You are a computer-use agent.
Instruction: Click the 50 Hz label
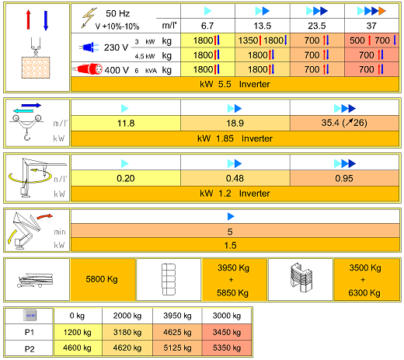click(117, 13)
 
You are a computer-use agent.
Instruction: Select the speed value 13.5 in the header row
click(263, 26)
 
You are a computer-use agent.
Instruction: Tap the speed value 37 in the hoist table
click(371, 26)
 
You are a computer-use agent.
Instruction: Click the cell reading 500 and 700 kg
click(371, 40)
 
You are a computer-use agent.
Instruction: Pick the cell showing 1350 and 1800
click(263, 40)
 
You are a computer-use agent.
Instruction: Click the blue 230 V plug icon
click(89, 47)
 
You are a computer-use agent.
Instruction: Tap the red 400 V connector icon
click(88, 69)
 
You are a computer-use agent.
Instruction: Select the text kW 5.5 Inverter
click(235, 84)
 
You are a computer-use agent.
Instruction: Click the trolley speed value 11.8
click(126, 123)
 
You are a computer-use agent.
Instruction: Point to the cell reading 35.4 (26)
click(344, 123)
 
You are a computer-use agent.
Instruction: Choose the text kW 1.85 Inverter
click(235, 138)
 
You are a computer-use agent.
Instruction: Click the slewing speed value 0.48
click(235, 178)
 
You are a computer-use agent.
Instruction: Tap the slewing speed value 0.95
click(344, 178)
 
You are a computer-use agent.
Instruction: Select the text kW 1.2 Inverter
click(235, 194)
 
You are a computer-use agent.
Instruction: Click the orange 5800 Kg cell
click(103, 279)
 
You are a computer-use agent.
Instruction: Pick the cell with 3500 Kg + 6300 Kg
click(366, 279)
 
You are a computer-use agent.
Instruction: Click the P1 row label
click(30, 332)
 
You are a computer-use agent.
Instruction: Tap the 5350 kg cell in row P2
click(227, 348)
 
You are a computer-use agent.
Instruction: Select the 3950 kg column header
click(177, 316)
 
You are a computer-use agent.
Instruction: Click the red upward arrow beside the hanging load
click(28, 20)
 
